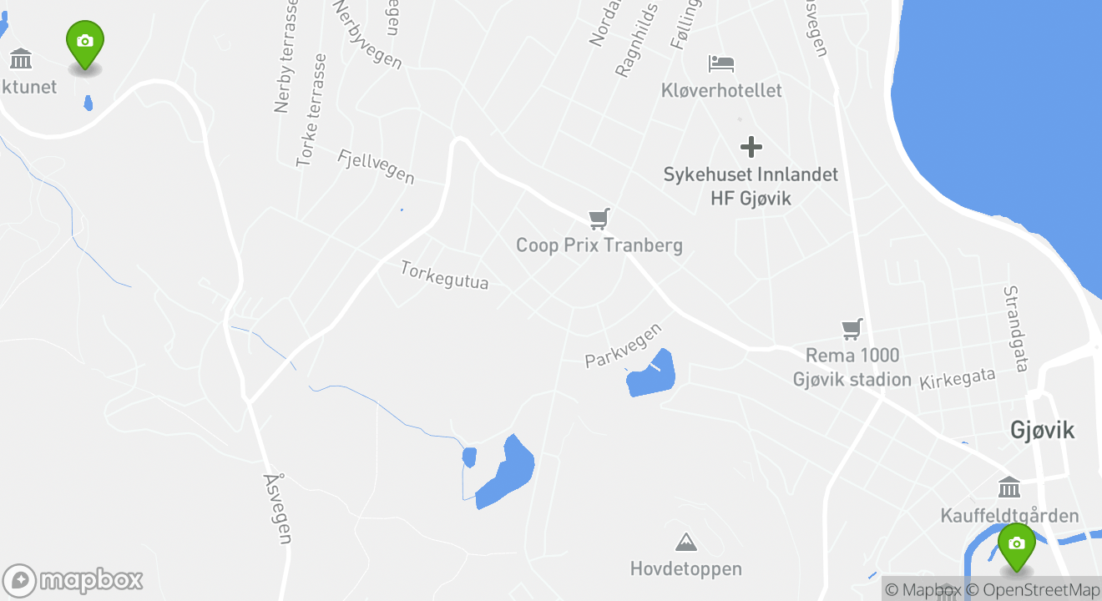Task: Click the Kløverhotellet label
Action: [721, 90]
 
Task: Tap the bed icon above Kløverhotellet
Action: [721, 63]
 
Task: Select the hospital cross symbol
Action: [751, 148]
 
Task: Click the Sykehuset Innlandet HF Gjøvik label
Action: [751, 186]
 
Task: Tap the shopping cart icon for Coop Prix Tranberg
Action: [599, 219]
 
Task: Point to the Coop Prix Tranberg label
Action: [599, 245]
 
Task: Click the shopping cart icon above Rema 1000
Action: [852, 329]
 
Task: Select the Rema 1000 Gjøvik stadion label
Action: [852, 367]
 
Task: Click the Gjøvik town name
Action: [1042, 430]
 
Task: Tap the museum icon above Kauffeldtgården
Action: [1008, 487]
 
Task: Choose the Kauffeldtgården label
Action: [1009, 516]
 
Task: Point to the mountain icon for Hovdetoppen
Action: [686, 543]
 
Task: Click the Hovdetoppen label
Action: [686, 569]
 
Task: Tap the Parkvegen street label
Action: [623, 346]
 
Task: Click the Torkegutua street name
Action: [444, 275]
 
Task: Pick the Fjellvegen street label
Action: [377, 166]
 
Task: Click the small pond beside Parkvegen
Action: [651, 374]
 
